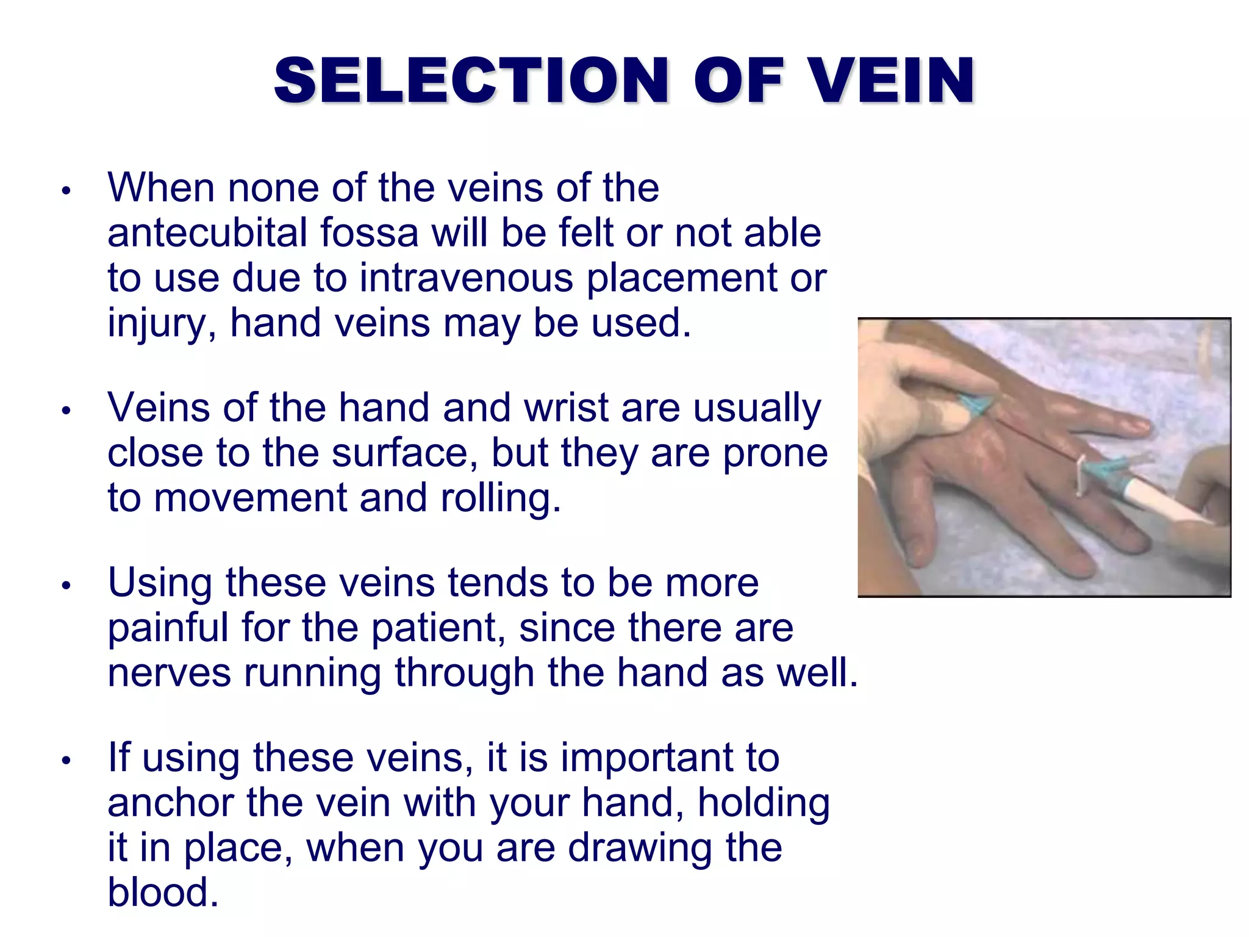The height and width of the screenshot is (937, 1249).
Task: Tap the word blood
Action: pos(162,892)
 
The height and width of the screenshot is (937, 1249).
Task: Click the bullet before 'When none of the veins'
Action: pos(66,190)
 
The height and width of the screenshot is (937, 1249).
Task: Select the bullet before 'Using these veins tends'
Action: pos(66,586)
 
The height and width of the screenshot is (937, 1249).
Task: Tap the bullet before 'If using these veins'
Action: pos(66,761)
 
